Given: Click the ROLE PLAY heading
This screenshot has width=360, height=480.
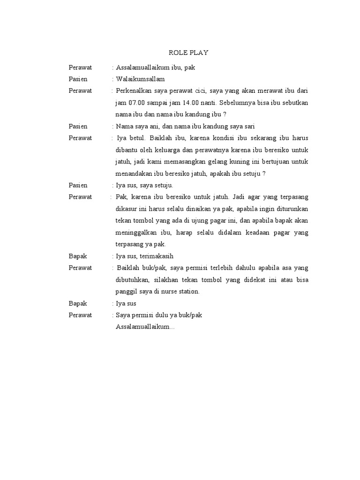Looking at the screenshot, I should click(188, 53).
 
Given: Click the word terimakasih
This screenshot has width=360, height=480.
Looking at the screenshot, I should click(157, 256).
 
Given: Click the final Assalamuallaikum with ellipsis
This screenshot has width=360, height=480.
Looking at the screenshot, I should click(145, 327).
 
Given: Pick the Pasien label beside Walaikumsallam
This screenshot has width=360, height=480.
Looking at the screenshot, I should click(78, 79).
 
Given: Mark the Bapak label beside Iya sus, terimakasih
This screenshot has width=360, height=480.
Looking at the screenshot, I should click(78, 256).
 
